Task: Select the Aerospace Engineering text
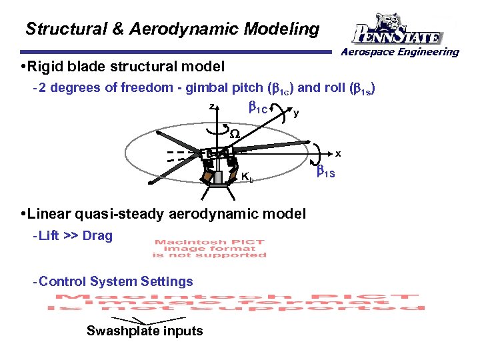[401, 52]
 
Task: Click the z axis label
[211, 107]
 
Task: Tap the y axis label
[296, 113]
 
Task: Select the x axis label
[338, 153]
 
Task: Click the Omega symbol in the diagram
[235, 134]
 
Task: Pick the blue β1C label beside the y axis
[258, 107]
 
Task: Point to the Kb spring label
[246, 177]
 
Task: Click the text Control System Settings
[116, 281]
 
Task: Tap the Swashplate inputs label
[145, 331]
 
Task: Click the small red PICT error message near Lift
[209, 248]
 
